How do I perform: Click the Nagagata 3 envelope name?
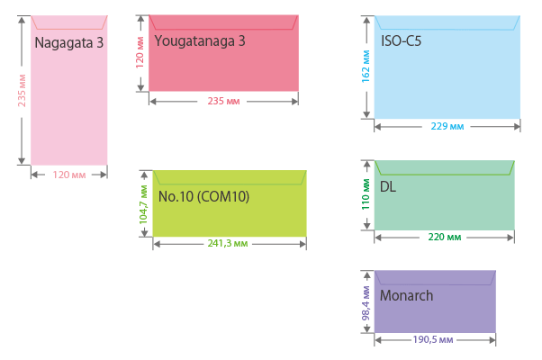(68, 42)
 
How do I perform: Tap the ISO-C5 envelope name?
(402, 40)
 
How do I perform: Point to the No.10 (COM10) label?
(203, 196)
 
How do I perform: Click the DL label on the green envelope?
(388, 187)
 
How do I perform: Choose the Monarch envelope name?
(406, 295)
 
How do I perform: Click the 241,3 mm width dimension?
(229, 244)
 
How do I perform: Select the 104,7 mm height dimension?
(142, 205)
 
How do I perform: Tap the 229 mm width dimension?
(447, 126)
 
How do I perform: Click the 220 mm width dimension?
(444, 238)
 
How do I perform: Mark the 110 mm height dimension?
(366, 194)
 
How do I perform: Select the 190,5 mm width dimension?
(433, 340)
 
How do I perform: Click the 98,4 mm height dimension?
(366, 302)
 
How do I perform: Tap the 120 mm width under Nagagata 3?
(68, 175)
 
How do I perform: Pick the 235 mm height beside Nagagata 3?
(22, 91)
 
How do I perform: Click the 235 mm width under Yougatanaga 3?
(222, 101)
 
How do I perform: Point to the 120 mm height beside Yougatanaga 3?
(140, 52)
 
